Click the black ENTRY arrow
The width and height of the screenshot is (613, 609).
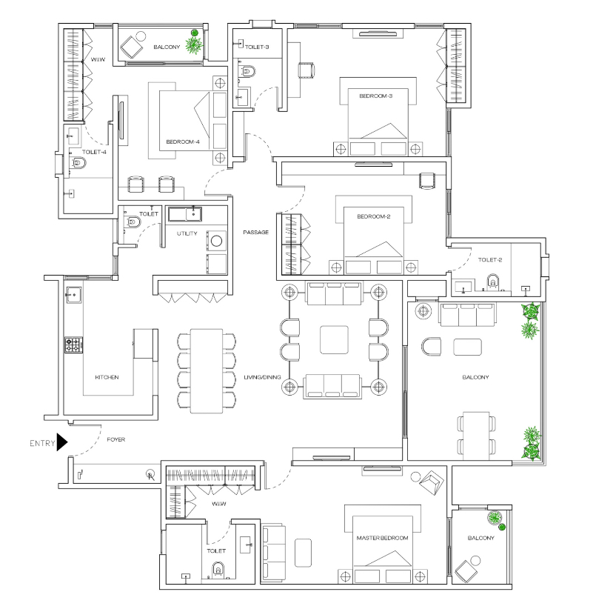61,442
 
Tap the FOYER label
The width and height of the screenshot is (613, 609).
116,439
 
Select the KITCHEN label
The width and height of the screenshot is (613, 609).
107,377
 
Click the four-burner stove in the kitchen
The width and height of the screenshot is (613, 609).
73,345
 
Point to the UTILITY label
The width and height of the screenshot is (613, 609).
187,233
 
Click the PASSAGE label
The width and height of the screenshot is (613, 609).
255,232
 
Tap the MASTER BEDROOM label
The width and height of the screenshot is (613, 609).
382,538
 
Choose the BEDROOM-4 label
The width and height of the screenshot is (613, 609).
183,142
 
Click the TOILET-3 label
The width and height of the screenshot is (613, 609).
257,47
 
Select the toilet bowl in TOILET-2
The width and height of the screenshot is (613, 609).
493,282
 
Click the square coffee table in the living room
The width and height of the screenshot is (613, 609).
334,339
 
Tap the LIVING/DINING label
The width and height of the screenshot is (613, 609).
262,377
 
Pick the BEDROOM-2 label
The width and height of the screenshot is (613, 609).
373,216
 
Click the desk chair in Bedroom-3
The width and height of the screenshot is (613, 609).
306,70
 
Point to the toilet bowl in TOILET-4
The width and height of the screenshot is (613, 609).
78,162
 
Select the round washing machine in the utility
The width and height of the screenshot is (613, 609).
217,241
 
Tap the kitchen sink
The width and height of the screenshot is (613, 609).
73,295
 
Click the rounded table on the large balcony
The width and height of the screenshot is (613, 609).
468,347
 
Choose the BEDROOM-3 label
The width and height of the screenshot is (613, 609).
375,96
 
